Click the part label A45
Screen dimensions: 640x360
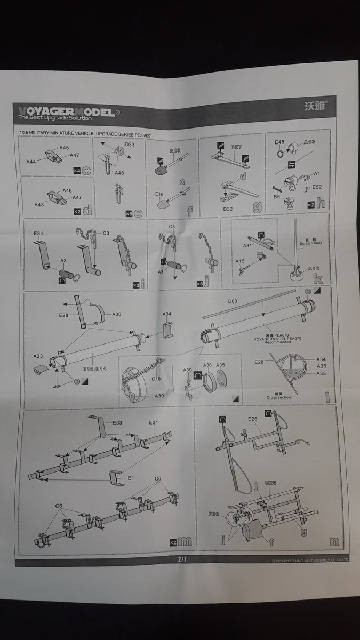[64, 148]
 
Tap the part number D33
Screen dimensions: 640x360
[130, 144]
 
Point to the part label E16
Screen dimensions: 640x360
[159, 194]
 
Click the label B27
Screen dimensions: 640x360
[236, 146]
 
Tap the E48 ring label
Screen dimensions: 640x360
[279, 142]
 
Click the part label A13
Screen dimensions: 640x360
[310, 142]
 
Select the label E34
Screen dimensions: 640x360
[38, 233]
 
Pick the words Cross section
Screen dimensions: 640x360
[279, 397]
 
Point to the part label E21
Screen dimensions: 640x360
[154, 422]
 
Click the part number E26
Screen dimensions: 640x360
[253, 419]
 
